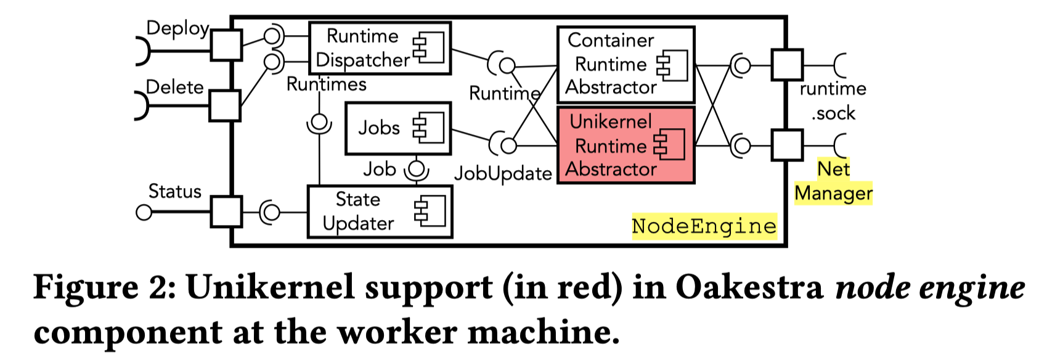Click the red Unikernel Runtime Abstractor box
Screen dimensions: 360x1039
[x=625, y=145]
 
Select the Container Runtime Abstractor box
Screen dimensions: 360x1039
[x=625, y=64]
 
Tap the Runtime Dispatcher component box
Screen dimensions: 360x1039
[x=379, y=48]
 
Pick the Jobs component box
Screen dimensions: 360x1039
[x=397, y=128]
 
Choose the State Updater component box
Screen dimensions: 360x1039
[x=379, y=211]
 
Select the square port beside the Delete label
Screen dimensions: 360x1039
[x=225, y=105]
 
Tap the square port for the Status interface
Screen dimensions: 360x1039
[x=226, y=212]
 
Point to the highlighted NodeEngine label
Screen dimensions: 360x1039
[x=704, y=226]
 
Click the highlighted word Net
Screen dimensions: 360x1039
[x=833, y=169]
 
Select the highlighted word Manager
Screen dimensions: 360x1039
[x=833, y=193]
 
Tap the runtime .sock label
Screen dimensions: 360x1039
[x=833, y=100]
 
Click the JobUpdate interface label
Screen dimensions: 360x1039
[x=503, y=174]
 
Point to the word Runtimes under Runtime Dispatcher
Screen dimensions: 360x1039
[x=327, y=84]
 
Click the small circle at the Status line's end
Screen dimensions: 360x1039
[x=144, y=213]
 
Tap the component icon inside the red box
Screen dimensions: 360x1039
[x=669, y=145]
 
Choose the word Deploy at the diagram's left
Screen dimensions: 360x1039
[x=177, y=28]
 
